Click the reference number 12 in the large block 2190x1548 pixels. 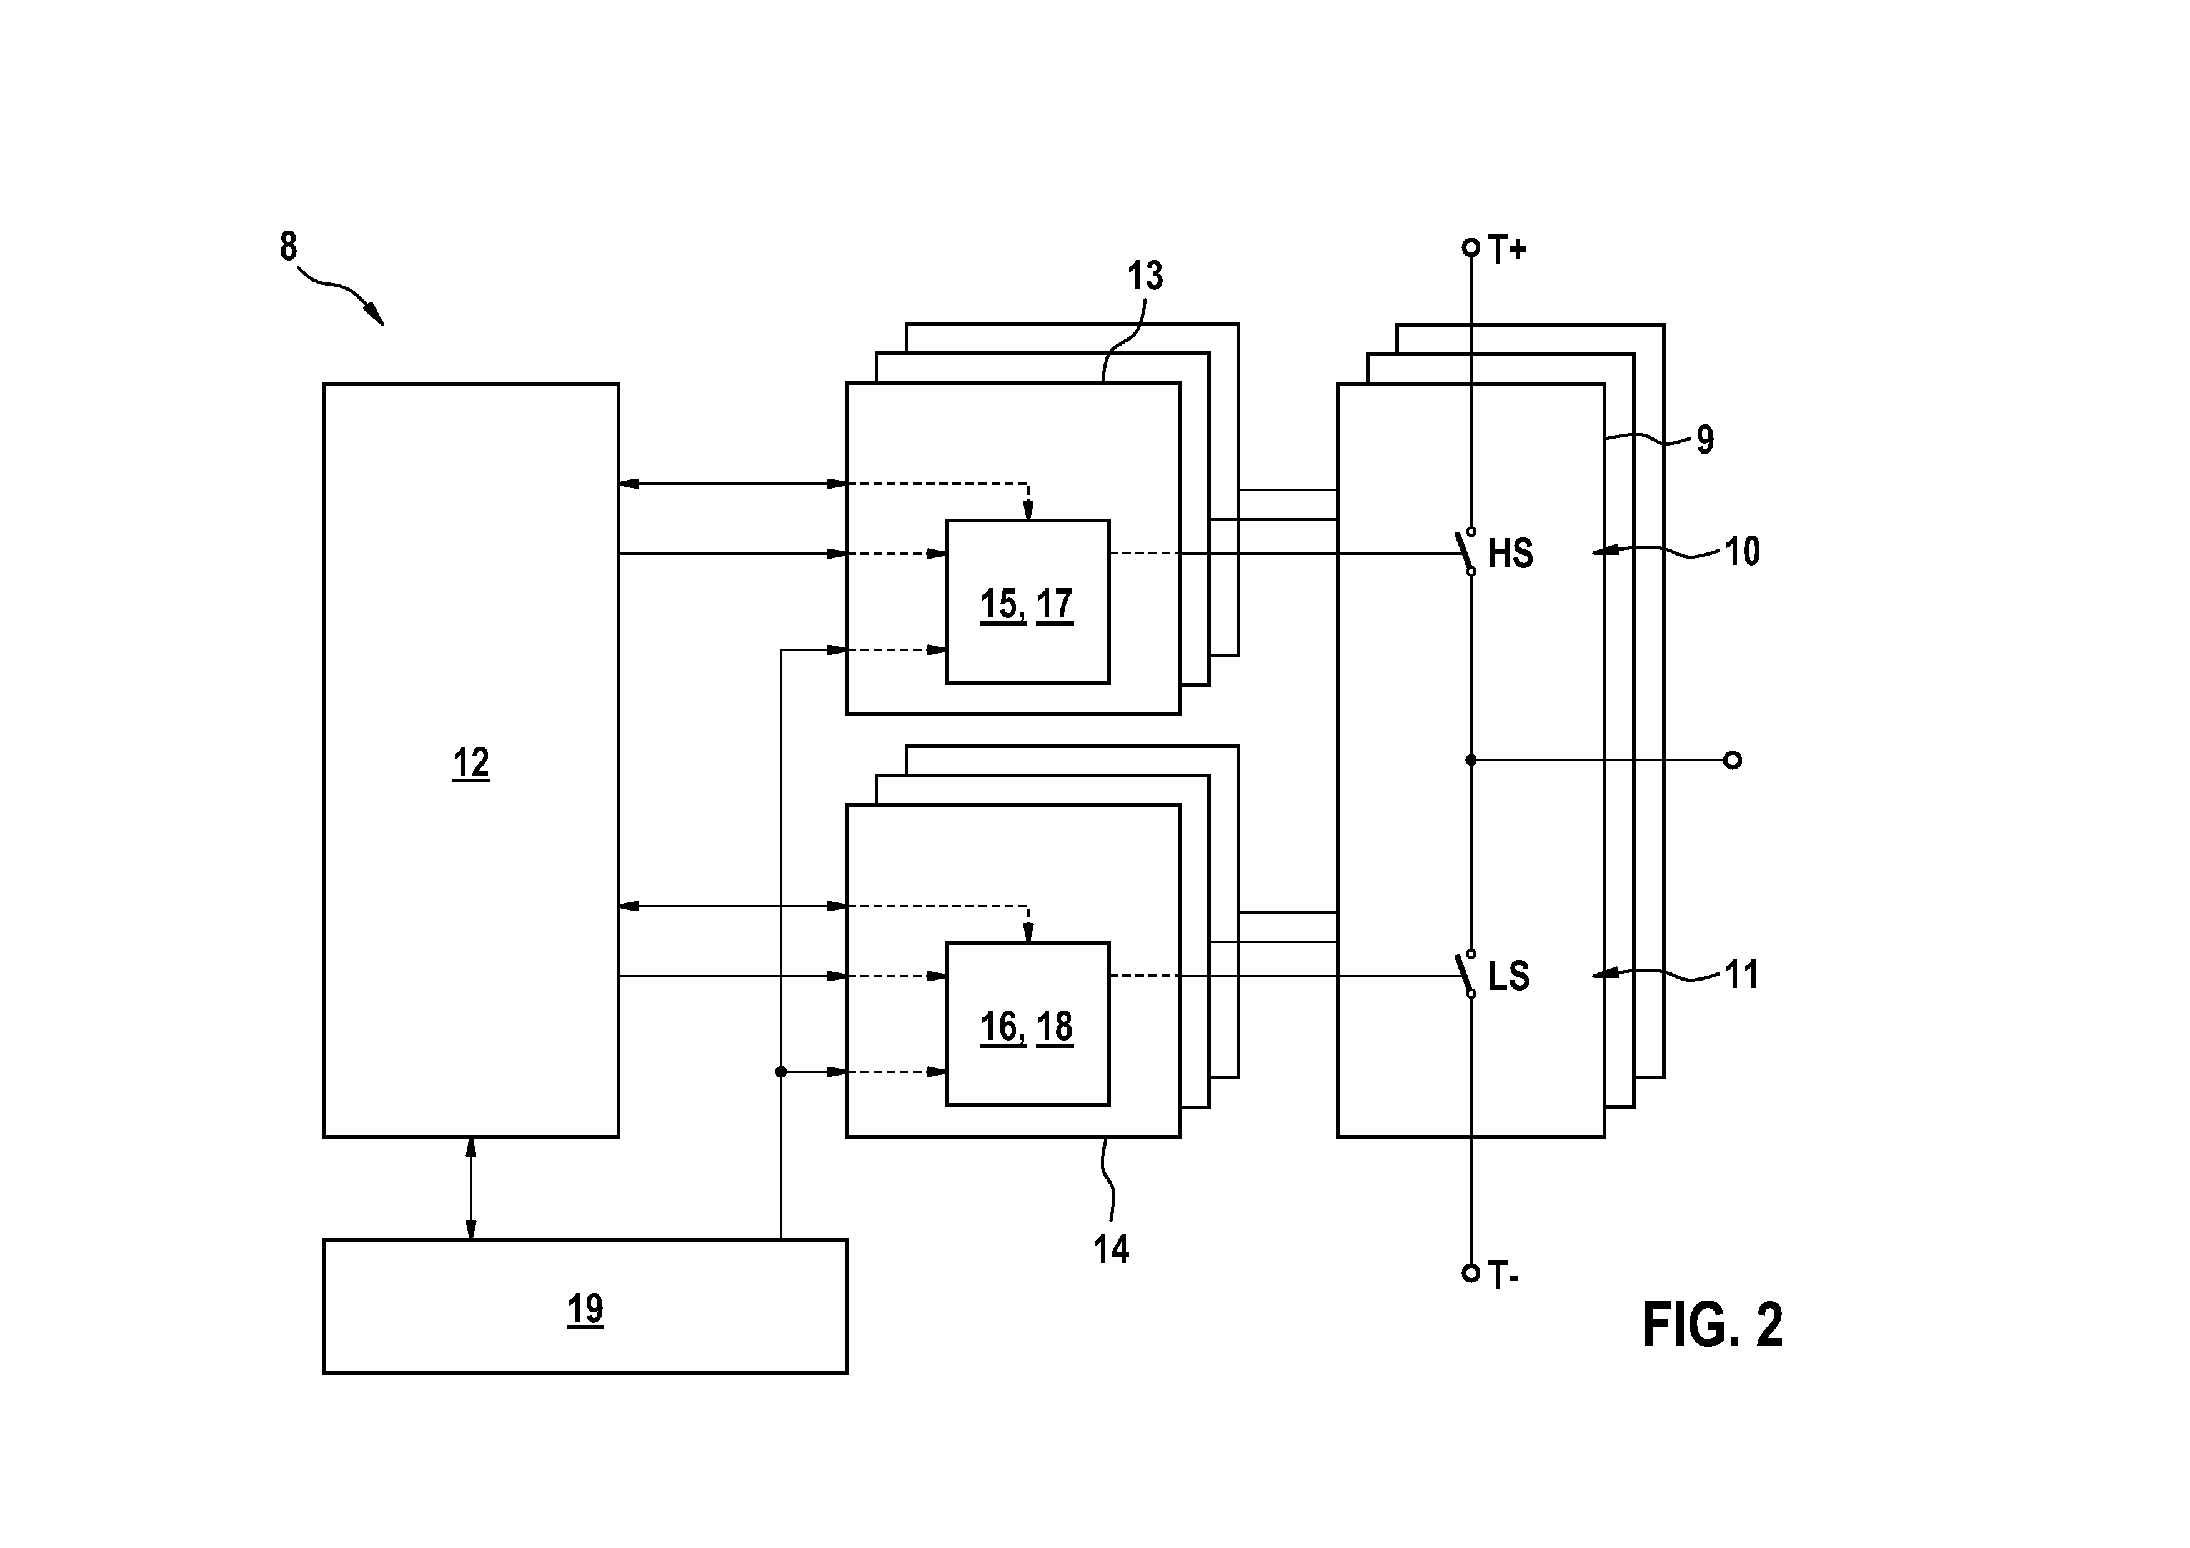point(470,764)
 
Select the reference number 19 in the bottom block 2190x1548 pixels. point(585,1309)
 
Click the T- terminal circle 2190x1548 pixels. point(1471,1272)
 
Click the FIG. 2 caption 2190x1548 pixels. point(1712,1325)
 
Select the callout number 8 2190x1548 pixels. point(288,246)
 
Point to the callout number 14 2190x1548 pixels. point(1111,1249)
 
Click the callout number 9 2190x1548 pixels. point(1705,440)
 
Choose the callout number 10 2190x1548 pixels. point(1742,551)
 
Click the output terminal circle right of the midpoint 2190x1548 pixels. point(1733,760)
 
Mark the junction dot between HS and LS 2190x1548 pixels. point(1471,760)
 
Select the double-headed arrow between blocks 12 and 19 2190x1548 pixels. point(470,1187)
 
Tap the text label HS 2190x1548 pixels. point(1511,553)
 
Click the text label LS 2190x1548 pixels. point(1509,976)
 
